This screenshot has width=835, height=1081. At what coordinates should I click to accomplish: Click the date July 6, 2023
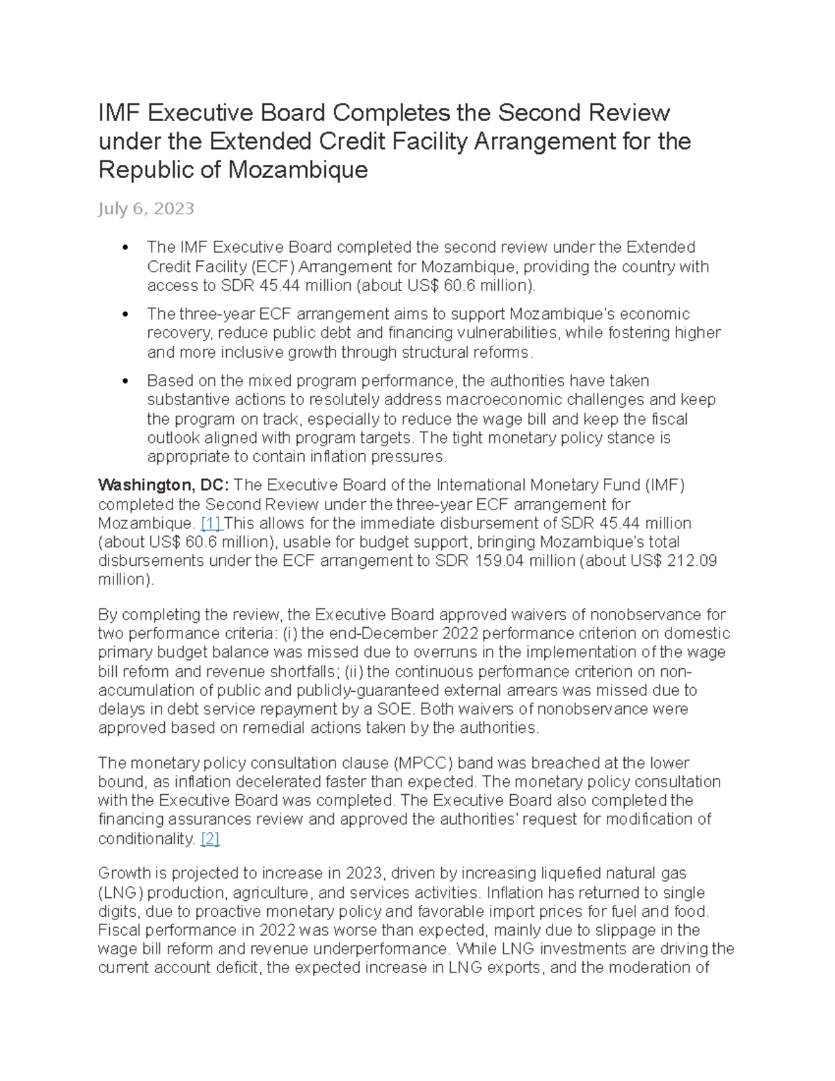146,209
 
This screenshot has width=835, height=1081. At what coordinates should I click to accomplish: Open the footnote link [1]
210,523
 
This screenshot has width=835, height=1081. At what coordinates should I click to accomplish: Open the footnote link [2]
209,839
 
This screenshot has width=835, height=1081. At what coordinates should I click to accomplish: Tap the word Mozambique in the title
297,170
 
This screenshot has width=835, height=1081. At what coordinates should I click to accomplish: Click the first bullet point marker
125,248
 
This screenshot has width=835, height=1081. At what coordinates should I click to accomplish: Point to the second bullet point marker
125,315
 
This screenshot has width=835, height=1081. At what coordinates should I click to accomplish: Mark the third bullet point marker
125,381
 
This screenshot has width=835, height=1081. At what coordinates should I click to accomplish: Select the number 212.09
692,561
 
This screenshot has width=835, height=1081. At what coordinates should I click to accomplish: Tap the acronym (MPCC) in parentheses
424,763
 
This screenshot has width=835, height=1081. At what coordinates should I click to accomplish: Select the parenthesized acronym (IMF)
665,485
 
